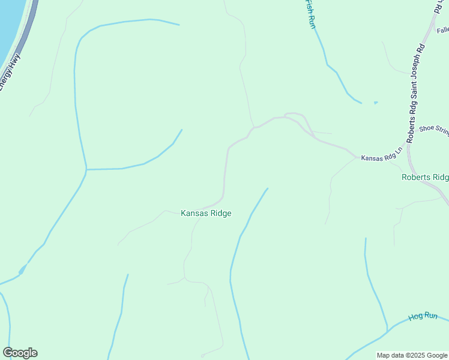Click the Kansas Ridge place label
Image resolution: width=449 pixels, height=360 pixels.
(206, 213)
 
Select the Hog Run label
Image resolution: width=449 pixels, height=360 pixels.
(424, 316)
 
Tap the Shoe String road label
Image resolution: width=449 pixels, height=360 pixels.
(434, 128)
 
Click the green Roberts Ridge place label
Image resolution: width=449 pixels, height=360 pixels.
(425, 177)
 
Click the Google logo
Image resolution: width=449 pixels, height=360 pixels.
(20, 353)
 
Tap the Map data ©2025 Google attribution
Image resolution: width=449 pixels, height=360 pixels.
(412, 355)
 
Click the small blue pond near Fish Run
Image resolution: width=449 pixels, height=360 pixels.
(376, 103)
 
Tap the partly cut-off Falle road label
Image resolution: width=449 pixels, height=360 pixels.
(442, 30)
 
